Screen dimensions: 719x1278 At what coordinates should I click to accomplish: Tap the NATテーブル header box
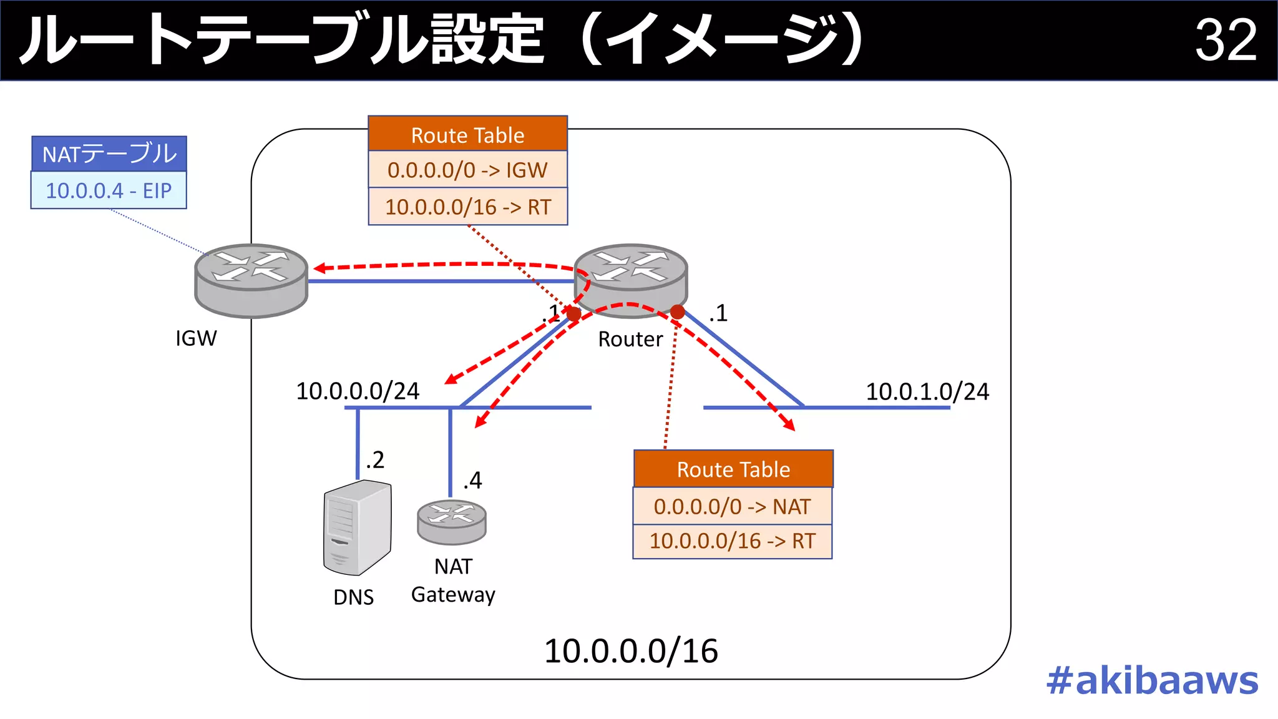coord(109,154)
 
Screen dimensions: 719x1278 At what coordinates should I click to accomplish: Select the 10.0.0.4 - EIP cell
coord(109,190)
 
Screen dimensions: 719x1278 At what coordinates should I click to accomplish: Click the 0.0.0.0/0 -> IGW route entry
coord(467,170)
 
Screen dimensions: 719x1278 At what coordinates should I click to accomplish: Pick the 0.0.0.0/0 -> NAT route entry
coord(732,506)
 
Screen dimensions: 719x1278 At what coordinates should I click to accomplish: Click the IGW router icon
coord(251,280)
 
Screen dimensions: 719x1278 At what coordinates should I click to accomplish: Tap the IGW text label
coord(196,338)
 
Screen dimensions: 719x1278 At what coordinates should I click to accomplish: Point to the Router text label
coord(630,340)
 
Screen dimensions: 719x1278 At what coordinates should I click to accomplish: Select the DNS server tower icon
coord(357,528)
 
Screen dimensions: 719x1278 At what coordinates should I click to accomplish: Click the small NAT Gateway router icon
coord(451,522)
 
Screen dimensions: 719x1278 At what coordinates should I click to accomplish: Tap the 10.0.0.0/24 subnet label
coord(358,391)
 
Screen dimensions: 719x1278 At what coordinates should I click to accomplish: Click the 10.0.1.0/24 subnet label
coord(927,392)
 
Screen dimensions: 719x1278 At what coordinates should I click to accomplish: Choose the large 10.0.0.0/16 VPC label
coord(631,651)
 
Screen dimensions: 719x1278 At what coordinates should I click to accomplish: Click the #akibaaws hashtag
coord(1152,680)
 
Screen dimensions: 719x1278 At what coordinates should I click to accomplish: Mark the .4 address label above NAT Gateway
coord(473,481)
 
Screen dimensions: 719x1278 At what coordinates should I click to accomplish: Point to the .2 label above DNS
coord(375,460)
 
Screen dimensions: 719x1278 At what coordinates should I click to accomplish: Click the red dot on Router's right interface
coord(678,311)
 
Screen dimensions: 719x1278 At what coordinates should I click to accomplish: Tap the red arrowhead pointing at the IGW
coord(319,268)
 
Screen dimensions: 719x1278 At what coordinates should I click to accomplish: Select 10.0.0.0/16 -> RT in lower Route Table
coord(732,541)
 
